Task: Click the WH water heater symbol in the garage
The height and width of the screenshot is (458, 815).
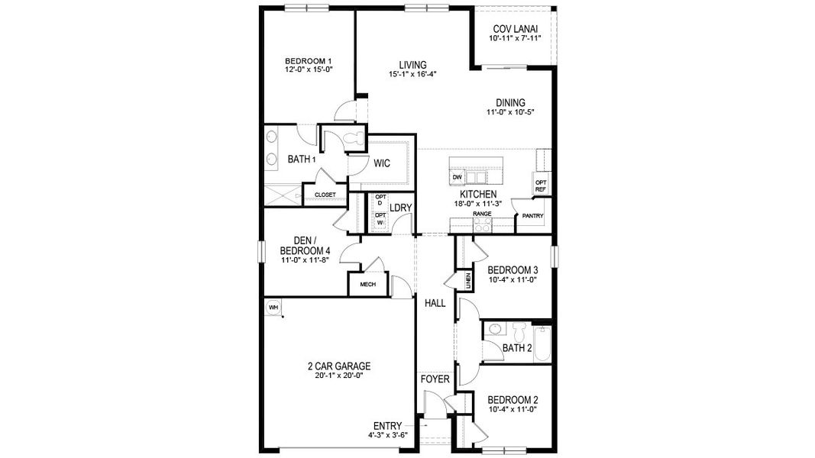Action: click(x=272, y=307)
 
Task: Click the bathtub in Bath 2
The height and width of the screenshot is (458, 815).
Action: click(x=542, y=344)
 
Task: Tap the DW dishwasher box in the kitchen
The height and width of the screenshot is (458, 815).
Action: click(x=458, y=177)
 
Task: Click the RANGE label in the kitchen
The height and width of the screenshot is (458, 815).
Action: click(x=482, y=214)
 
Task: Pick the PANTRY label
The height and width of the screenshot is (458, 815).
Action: click(x=532, y=216)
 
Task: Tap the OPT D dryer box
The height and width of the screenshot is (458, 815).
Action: click(x=380, y=202)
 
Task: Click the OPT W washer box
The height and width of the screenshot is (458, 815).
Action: click(x=380, y=219)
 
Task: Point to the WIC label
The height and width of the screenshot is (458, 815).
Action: click(x=382, y=163)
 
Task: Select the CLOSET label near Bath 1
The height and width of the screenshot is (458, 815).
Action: click(x=325, y=195)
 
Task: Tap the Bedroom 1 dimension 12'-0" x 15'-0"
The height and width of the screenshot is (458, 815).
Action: click(x=309, y=69)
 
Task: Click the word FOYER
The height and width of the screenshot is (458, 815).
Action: click(x=435, y=379)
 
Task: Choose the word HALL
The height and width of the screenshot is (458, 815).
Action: click(x=435, y=303)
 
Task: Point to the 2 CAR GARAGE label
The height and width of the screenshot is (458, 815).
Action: click(x=334, y=366)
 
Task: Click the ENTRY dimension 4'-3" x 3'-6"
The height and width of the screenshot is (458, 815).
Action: click(x=388, y=435)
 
